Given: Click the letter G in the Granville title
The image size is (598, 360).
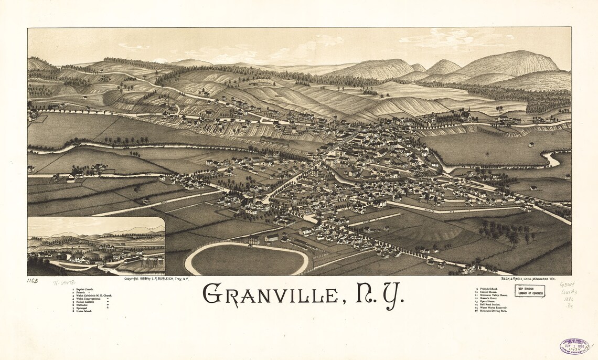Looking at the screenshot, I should coord(212,294).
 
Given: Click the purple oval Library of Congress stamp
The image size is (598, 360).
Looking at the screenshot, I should coord(574,346).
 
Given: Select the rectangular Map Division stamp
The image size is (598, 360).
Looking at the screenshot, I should coord(529,291).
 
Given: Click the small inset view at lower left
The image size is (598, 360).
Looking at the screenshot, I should coord(96,246).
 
